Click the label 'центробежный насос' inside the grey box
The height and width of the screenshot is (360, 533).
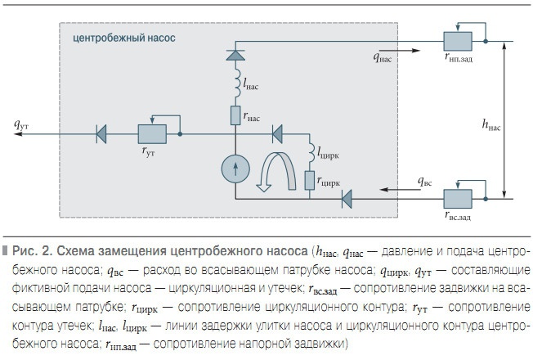(124, 38)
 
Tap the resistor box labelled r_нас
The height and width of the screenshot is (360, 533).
(235, 114)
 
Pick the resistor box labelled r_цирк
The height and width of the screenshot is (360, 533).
(311, 181)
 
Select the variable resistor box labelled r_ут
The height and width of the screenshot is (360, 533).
(152, 132)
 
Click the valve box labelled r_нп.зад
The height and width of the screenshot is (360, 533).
(456, 39)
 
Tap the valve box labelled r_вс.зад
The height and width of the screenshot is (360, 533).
(456, 198)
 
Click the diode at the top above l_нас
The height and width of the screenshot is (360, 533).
(235, 53)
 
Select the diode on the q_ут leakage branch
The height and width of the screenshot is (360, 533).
(103, 132)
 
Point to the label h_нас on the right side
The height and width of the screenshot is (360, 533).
(493, 125)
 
